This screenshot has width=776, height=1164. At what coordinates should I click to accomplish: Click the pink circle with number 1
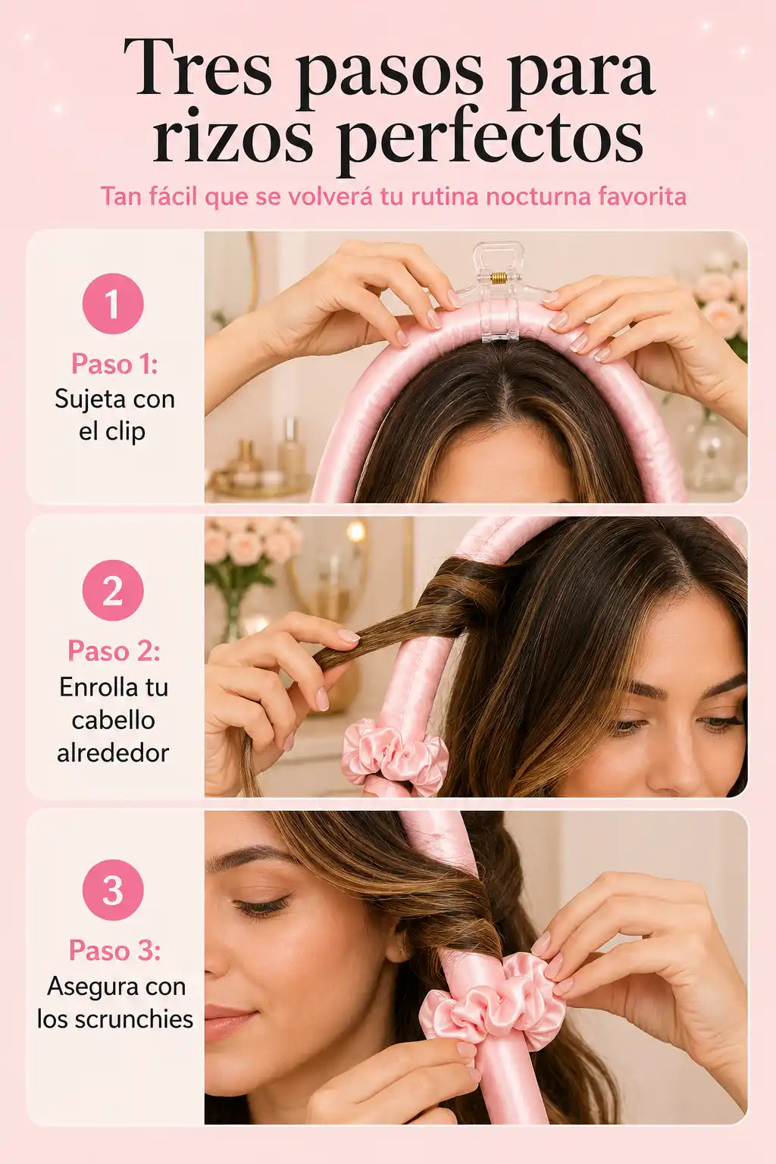point(113,304)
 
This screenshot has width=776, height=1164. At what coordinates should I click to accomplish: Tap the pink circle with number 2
point(113,590)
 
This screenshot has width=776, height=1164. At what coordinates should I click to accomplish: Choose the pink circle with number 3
point(113,890)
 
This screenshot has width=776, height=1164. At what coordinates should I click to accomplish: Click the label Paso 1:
point(114,364)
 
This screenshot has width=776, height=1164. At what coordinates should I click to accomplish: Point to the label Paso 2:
point(114,651)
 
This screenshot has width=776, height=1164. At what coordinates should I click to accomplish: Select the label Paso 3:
point(114,950)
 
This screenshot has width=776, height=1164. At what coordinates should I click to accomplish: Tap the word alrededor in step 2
point(114,753)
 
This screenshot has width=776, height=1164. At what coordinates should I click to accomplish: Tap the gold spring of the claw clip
point(499,278)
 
